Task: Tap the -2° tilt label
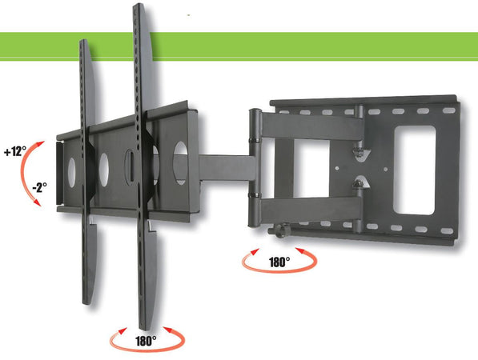(38, 186)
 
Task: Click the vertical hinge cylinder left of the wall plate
(255, 152)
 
